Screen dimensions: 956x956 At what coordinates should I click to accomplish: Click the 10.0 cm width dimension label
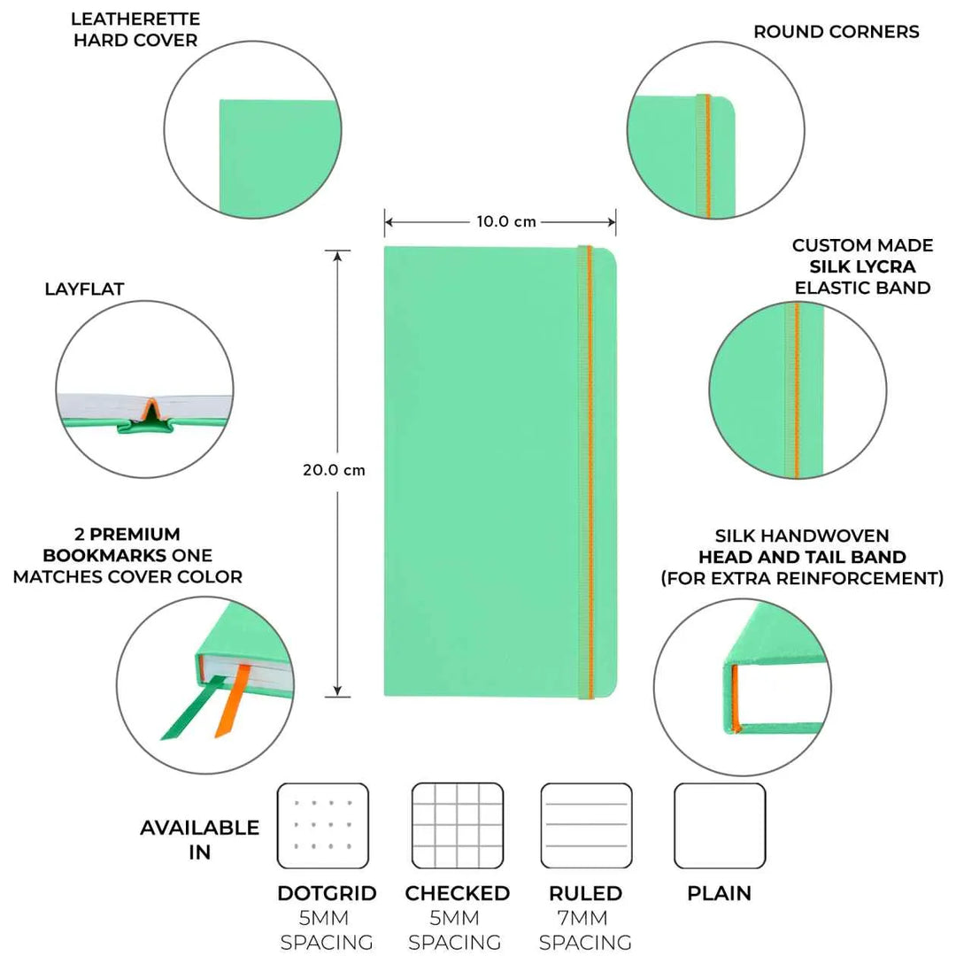[506, 221]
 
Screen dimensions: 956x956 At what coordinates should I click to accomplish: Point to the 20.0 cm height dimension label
[334, 470]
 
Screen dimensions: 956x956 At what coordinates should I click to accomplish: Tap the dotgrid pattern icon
[322, 826]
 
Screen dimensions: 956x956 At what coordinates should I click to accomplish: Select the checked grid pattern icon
[458, 826]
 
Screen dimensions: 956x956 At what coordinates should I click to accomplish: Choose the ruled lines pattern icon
[586, 826]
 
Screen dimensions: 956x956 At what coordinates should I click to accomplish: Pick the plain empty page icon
[720, 826]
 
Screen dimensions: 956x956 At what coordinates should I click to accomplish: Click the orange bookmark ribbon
[232, 701]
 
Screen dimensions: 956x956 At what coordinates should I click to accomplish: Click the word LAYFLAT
[84, 289]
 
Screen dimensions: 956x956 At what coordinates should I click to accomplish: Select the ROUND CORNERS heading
[836, 32]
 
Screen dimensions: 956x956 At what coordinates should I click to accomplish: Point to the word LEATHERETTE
[135, 19]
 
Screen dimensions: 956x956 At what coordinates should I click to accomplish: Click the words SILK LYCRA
[862, 266]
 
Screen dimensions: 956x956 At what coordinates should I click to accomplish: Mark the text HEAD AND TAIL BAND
[802, 557]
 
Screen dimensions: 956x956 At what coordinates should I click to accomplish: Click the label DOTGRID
[327, 893]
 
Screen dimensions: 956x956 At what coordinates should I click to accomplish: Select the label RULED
[585, 893]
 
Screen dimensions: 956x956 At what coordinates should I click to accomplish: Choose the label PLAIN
[719, 893]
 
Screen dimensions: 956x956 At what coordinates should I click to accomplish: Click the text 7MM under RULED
[582, 918]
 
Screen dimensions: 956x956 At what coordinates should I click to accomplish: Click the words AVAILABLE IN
[199, 839]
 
